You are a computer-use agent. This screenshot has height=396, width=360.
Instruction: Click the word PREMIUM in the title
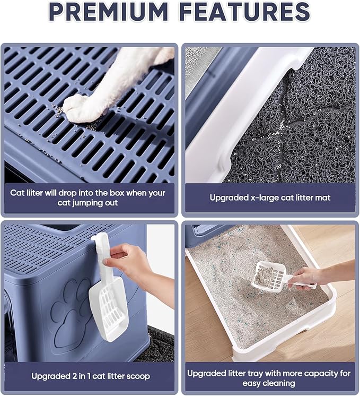(109, 11)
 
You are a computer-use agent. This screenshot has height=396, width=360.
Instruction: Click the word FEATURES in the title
(245, 11)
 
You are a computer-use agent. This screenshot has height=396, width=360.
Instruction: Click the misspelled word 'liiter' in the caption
(35, 193)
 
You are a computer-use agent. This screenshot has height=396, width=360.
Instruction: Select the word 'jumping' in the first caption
(87, 203)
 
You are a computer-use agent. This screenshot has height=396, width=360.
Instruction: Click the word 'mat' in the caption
(323, 198)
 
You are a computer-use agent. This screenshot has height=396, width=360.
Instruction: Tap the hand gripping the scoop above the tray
(308, 277)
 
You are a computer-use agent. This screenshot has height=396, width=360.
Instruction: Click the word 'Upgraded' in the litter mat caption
(229, 198)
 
